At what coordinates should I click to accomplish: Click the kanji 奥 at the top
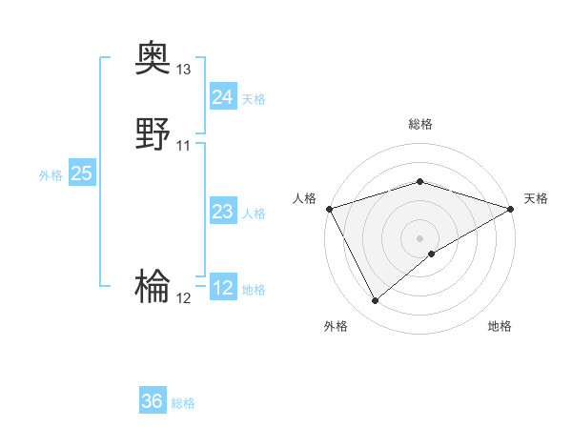coord(153,58)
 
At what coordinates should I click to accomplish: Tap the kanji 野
coord(153,133)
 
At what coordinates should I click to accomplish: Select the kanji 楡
coord(153,285)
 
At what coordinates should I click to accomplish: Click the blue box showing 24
coord(222,97)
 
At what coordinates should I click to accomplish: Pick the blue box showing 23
coord(222,213)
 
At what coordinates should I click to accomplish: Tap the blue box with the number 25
coord(81,173)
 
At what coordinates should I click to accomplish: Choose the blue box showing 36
coord(153,401)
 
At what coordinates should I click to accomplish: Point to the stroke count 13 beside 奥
coord(184,70)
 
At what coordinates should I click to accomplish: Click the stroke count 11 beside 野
coord(184,146)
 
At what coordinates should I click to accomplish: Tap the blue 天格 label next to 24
coord(254,99)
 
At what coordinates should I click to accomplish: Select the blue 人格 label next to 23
coord(254,214)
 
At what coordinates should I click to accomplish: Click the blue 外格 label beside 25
coord(51,175)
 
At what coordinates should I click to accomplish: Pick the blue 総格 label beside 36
coord(183,403)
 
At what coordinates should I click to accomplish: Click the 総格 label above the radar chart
coord(420,124)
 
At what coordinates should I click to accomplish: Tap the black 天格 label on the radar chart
coord(536,198)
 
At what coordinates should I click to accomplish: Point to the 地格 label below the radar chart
coord(500,326)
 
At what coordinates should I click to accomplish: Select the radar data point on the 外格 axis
coord(375,301)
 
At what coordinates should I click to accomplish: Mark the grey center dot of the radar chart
coord(420,238)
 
